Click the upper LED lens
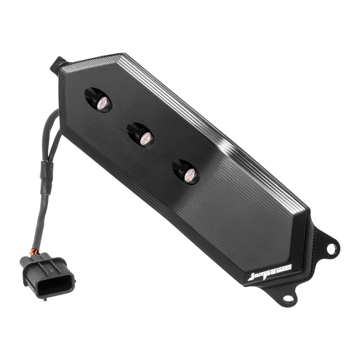[x=103, y=103]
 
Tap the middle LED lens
[x=146, y=139]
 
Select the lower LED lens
[x=190, y=174]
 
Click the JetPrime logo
[x=270, y=272]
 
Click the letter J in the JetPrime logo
[x=252, y=277]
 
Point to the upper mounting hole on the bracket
[x=332, y=247]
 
